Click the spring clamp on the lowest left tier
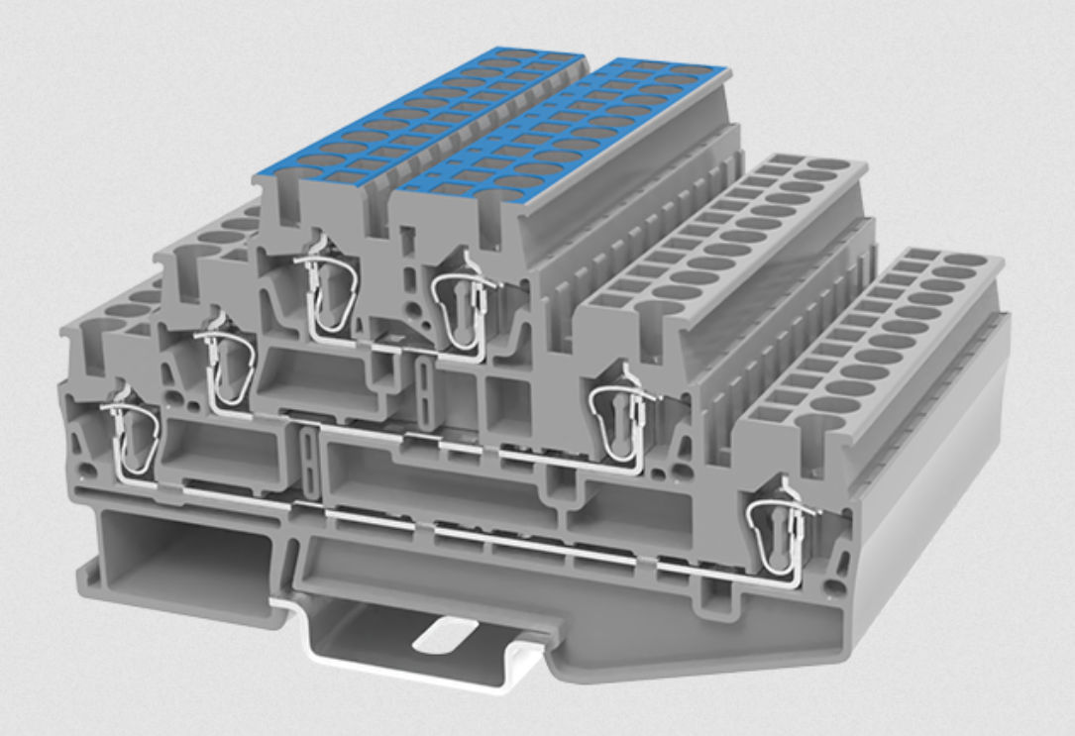click(131, 436)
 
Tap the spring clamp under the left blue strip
click(325, 293)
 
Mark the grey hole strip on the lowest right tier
click(882, 337)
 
